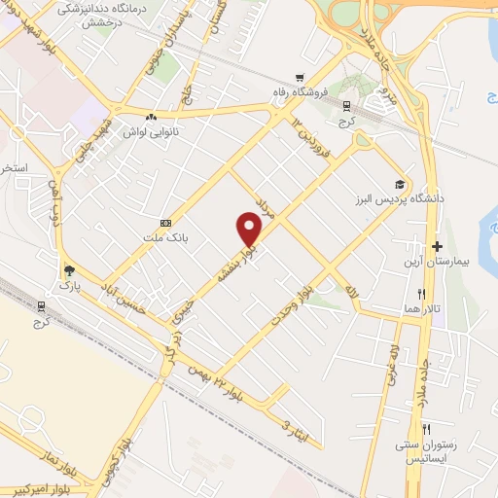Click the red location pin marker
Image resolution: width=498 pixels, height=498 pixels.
[250, 229]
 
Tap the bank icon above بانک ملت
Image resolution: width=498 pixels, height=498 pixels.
[164, 222]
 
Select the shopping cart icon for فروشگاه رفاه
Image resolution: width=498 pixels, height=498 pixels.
[300, 79]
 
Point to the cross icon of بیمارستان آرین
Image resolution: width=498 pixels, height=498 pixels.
[437, 247]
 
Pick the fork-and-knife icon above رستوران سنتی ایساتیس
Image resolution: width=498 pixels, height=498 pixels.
[425, 428]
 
